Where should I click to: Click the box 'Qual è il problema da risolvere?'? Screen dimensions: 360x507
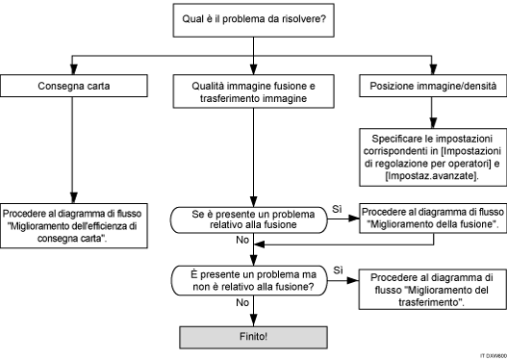coord(254,18)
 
